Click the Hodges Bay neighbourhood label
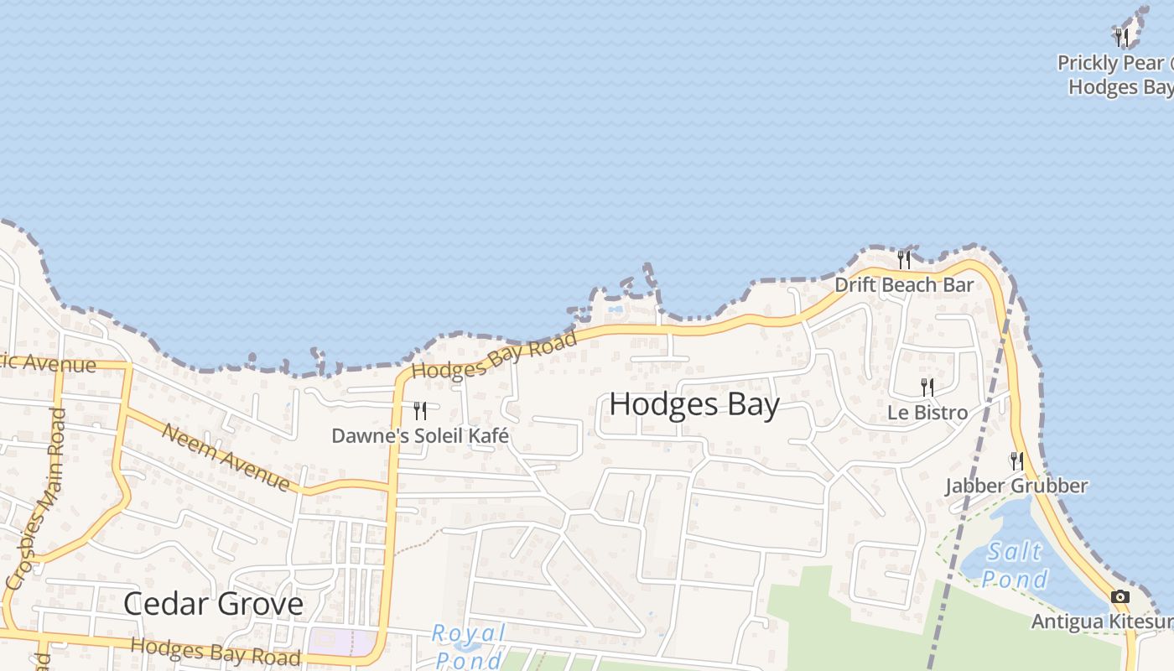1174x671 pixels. click(694, 404)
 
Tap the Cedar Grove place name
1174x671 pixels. click(213, 604)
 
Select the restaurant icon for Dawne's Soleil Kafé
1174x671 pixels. click(420, 411)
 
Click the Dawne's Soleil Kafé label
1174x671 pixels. click(420, 436)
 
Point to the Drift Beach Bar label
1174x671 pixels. click(904, 285)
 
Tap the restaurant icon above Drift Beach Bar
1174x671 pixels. click(904, 259)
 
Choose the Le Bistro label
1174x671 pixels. click(927, 413)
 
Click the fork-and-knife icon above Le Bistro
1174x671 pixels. click(927, 388)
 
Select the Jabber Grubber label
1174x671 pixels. click(1016, 486)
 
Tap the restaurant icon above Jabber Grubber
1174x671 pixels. click(1016, 460)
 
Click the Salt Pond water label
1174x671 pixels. click(1015, 565)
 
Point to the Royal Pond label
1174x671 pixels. click(470, 644)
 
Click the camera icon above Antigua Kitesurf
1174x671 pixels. click(1119, 597)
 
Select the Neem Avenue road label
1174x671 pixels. click(226, 458)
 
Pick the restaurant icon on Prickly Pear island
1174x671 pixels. click(1122, 37)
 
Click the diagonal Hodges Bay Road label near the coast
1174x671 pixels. click(495, 356)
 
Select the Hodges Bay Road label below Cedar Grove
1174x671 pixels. click(216, 652)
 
